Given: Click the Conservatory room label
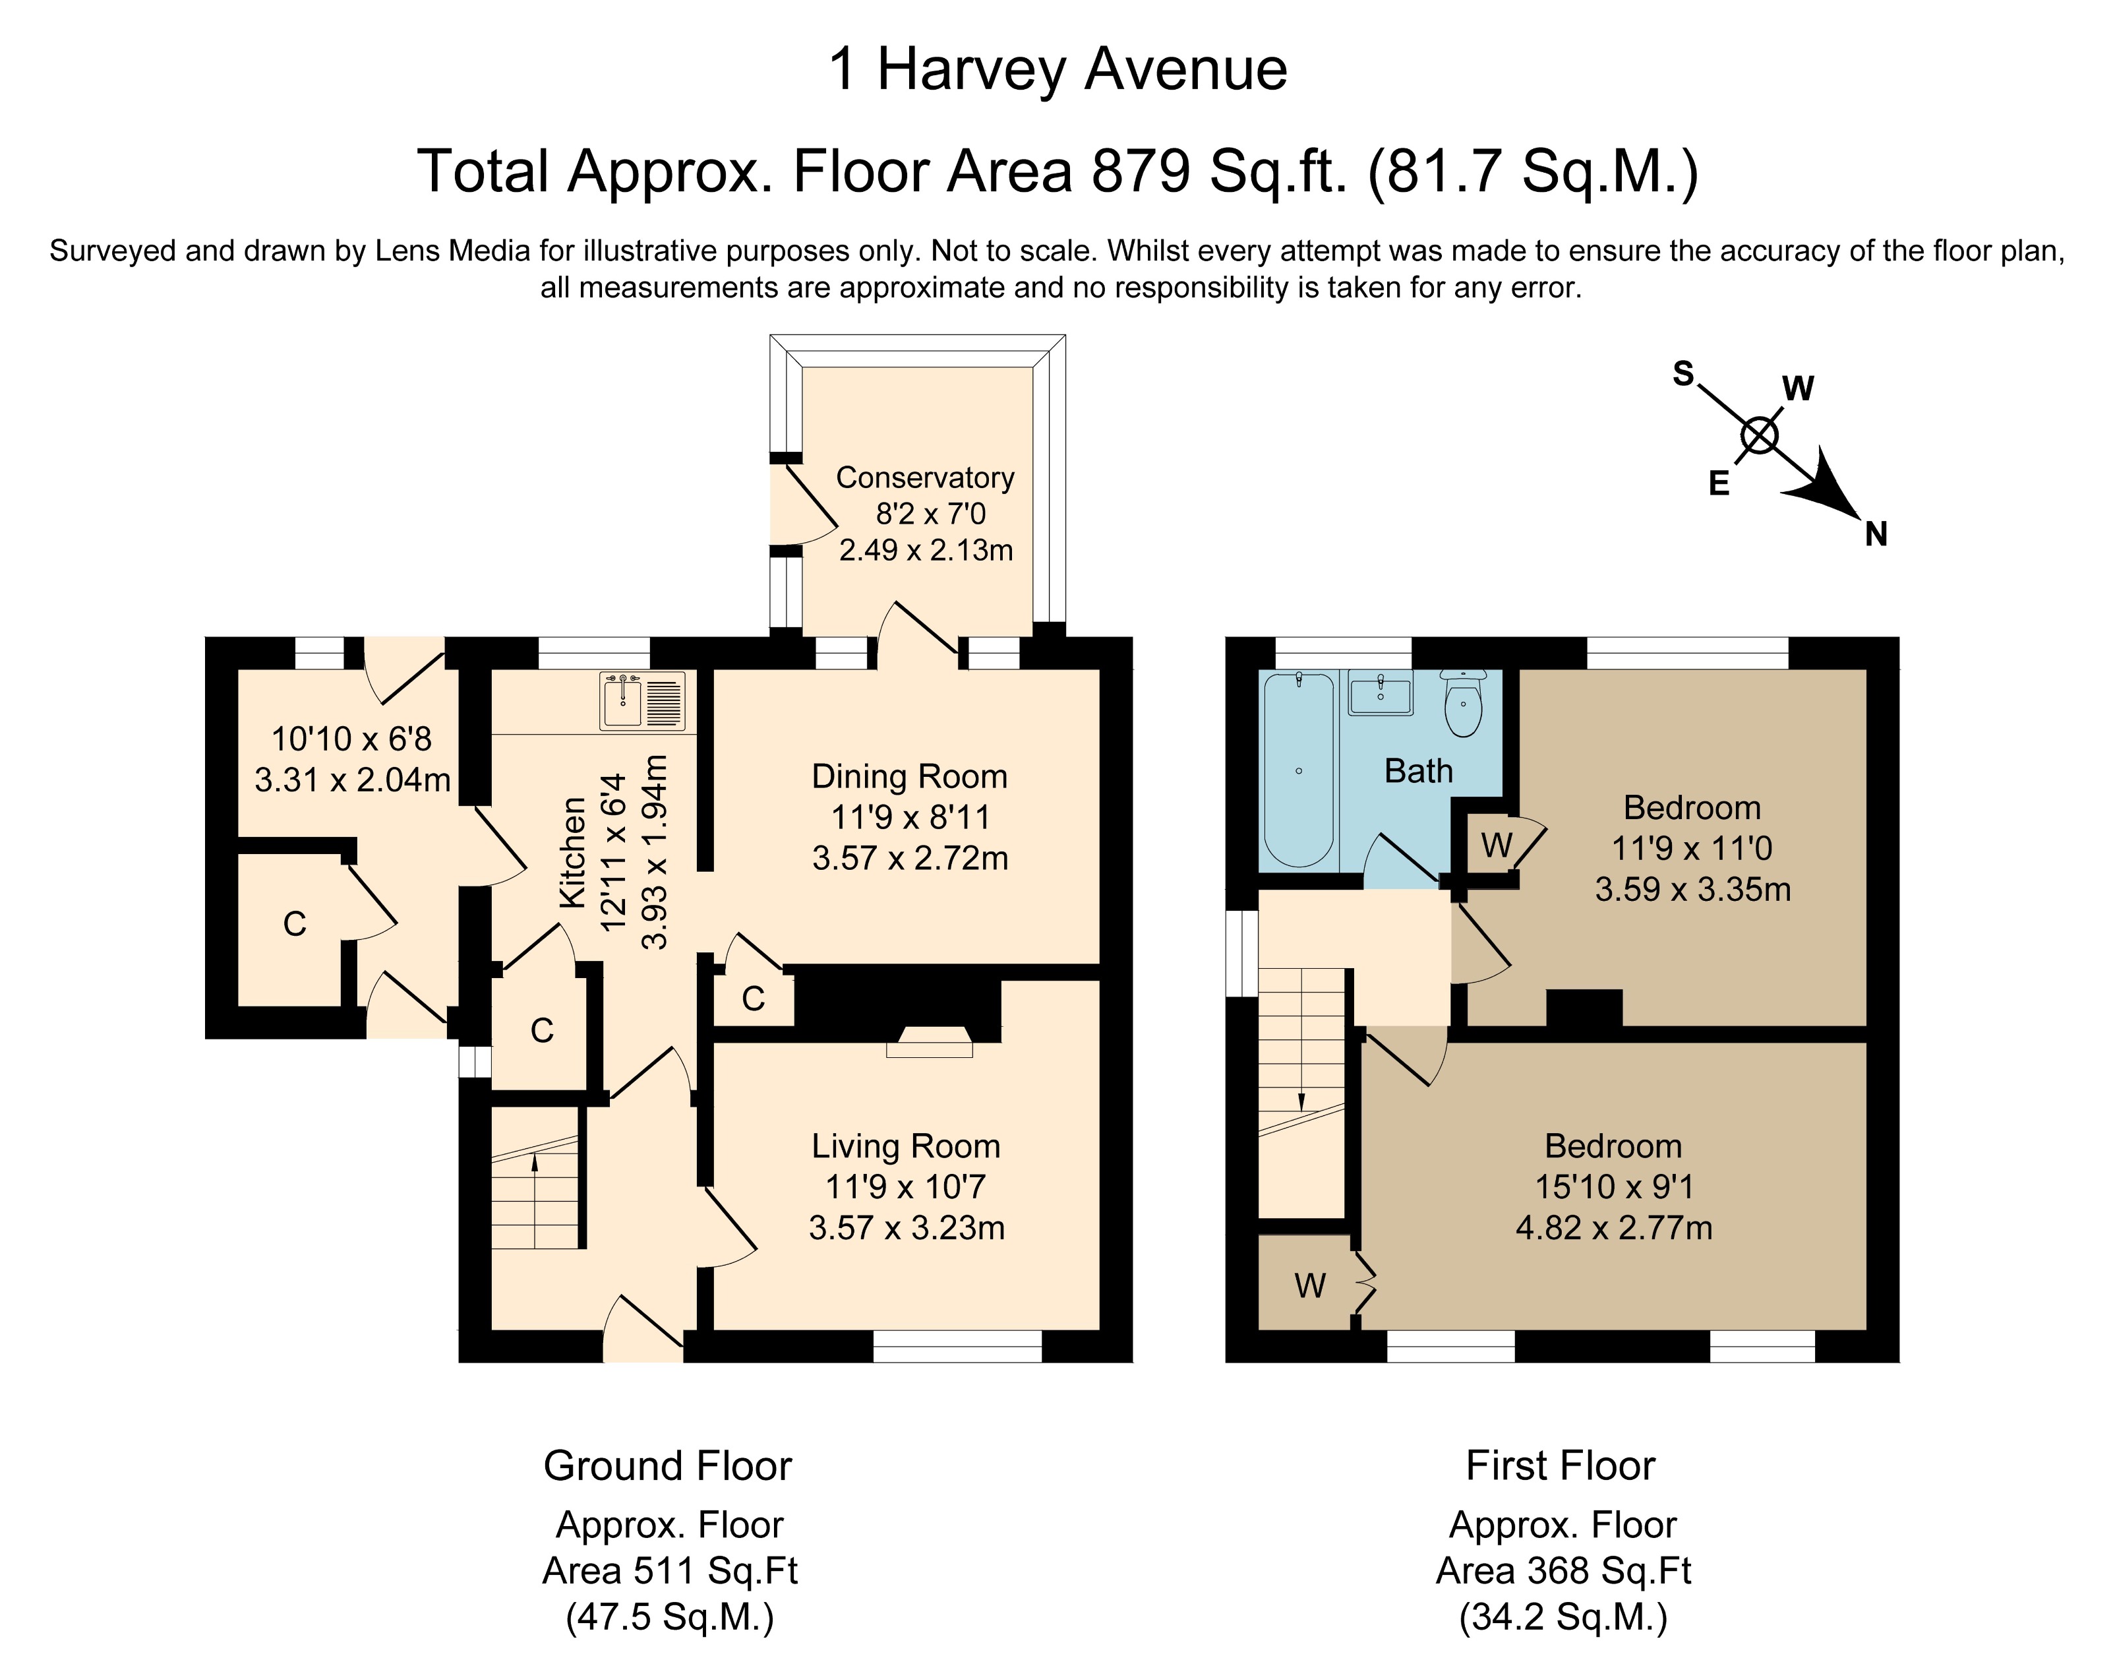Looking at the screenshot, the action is point(925,477).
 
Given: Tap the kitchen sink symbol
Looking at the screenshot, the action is point(643,700).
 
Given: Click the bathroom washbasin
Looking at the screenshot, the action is point(1381,692).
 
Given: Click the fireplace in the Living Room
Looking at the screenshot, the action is point(929,1041).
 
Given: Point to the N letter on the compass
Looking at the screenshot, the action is point(1876,534).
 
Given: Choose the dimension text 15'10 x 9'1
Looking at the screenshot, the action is point(1614,1186).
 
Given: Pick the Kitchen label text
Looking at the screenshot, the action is point(573,852).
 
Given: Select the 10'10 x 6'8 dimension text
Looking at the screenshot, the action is point(351,739).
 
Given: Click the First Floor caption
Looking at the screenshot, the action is point(1561,1465).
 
